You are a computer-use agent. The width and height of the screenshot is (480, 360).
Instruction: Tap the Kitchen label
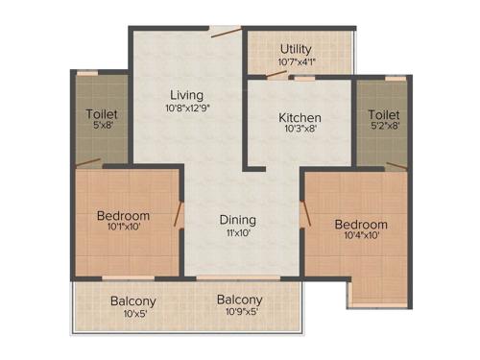coord(300,118)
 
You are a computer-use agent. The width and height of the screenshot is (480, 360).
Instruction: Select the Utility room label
coord(296,49)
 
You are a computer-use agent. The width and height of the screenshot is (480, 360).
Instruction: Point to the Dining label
coord(237,218)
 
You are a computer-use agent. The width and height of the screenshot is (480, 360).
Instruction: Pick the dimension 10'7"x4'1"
coord(296,63)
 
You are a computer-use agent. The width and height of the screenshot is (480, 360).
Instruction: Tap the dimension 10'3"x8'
coord(300,132)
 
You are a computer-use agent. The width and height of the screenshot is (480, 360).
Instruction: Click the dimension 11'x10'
coord(237,232)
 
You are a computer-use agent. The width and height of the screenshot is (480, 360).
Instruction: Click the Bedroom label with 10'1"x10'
coord(123,215)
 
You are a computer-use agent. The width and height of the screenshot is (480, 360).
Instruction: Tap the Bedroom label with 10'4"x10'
coord(360,225)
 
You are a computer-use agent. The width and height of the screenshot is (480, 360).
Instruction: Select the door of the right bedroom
coord(304,217)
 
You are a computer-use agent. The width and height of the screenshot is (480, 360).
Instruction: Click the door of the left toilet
coord(88,162)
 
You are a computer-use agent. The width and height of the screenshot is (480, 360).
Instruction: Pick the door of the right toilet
coord(396,166)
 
